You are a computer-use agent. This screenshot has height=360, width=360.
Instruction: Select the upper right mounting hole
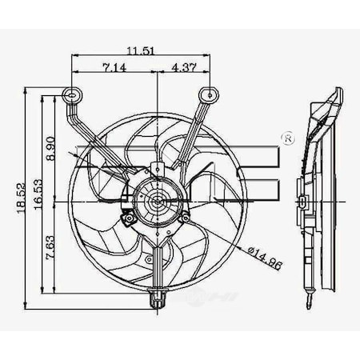[211, 94]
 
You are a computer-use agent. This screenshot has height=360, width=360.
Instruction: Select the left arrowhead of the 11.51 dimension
[74, 56]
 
